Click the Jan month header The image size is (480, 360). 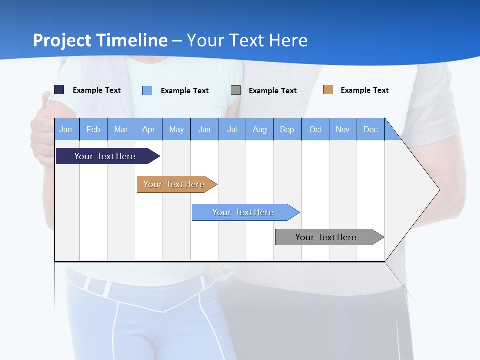point(66,129)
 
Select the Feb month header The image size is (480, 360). point(93,129)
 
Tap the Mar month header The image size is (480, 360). point(121,129)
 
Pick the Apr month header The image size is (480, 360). point(149,129)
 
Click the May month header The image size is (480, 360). point(176,129)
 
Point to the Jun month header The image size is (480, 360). point(204,129)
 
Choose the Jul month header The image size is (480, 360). point(232,129)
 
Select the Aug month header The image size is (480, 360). point(260,129)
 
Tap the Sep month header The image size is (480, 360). point(287,129)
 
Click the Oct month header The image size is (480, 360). point(315,129)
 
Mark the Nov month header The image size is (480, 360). point(343,129)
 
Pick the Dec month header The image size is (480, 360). point(371,129)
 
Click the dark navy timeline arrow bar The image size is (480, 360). point(105,156)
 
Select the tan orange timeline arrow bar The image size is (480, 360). point(174,184)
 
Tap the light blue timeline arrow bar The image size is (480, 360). point(243,212)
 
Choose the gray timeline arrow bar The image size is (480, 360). point(326,237)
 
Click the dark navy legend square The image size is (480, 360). point(59,90)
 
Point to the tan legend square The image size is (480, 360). point(328,90)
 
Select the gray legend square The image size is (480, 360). point(236,90)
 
